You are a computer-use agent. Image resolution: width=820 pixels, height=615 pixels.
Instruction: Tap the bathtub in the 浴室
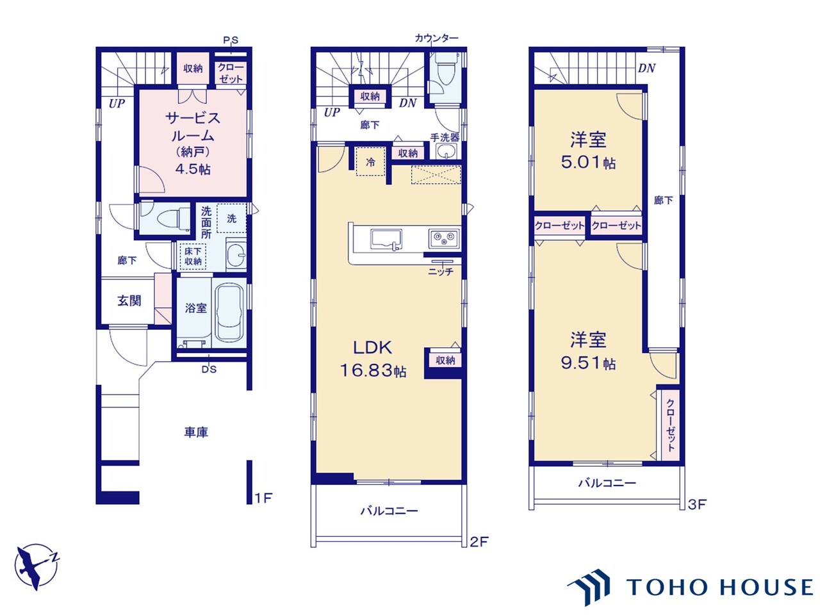[229, 313]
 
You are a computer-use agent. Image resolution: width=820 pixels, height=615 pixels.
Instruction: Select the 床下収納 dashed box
[193, 256]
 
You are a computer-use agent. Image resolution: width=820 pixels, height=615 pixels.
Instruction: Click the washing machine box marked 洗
[232, 218]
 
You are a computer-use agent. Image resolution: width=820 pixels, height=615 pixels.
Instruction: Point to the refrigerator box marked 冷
[370, 161]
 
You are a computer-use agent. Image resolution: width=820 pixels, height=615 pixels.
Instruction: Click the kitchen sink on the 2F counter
[386, 240]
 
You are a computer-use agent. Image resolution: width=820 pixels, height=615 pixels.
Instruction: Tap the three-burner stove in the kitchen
[443, 238]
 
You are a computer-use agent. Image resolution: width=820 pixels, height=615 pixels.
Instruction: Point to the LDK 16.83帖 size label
[373, 371]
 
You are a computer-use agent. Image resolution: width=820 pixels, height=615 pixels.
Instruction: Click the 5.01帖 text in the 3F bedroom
[588, 163]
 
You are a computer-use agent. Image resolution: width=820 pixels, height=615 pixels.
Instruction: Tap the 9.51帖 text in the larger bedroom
[588, 363]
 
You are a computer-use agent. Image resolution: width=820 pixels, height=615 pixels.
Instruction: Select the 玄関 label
[129, 300]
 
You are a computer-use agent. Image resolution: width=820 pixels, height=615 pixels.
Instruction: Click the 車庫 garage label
[196, 432]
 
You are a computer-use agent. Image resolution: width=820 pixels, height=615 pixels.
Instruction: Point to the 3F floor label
[698, 504]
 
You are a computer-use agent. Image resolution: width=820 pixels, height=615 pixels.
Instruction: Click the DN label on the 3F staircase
[646, 69]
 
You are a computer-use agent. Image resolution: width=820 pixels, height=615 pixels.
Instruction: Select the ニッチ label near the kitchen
[441, 272]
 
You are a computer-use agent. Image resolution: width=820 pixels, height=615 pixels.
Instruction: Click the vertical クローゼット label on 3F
[671, 425]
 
